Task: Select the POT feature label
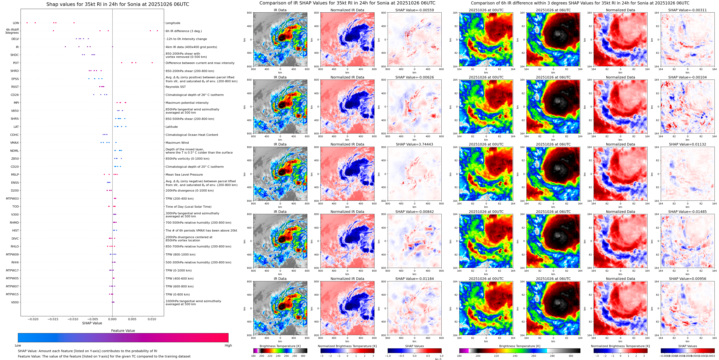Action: click(x=16, y=63)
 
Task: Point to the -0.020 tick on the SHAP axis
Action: click(x=33, y=319)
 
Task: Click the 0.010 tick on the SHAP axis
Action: click(x=152, y=319)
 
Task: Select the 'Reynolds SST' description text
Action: click(x=175, y=87)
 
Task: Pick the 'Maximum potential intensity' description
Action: click(x=187, y=103)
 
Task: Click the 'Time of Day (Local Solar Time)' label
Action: click(x=188, y=207)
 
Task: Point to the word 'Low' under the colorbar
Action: click(x=18, y=345)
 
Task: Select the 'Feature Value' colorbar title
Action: click(x=123, y=331)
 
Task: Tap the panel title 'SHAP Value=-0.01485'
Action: click(x=687, y=212)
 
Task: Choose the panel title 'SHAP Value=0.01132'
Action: click(x=687, y=144)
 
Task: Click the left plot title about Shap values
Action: click(x=117, y=4)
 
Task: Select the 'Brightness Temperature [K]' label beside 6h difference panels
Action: click(x=520, y=346)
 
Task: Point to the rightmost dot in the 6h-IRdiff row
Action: click(x=157, y=31)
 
